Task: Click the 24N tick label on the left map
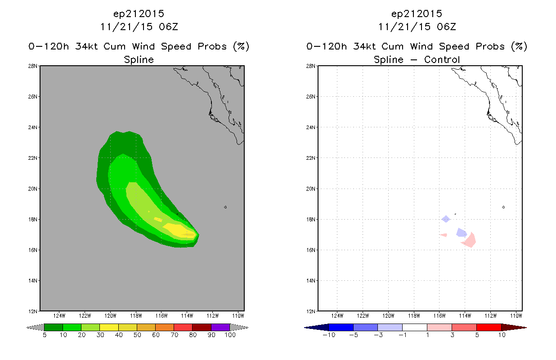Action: pyautogui.click(x=32, y=127)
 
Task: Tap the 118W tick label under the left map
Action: pyautogui.click(x=136, y=316)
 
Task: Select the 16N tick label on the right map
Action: pyautogui.click(x=310, y=250)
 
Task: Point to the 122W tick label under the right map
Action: pyautogui.click(x=363, y=316)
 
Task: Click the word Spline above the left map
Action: pyautogui.click(x=139, y=60)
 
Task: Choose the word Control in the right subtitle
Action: pyautogui.click(x=442, y=60)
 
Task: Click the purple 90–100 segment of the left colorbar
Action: pyautogui.click(x=220, y=327)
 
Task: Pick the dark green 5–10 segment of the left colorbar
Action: pyautogui.click(x=54, y=327)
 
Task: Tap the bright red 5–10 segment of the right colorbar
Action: pyautogui.click(x=489, y=327)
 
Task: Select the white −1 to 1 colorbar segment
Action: pyautogui.click(x=415, y=327)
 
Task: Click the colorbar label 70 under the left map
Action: pyautogui.click(x=175, y=335)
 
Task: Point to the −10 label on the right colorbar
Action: pyautogui.click(x=329, y=335)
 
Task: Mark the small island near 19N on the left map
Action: pyautogui.click(x=225, y=207)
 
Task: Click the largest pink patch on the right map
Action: pyautogui.click(x=469, y=240)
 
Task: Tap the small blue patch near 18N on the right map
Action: pyautogui.click(x=446, y=219)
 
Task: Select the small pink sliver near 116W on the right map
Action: pyautogui.click(x=444, y=235)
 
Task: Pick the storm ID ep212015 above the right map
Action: pyautogui.click(x=417, y=14)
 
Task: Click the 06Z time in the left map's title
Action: pyautogui.click(x=168, y=27)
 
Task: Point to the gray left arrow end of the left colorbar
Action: pyautogui.click(x=35, y=327)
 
